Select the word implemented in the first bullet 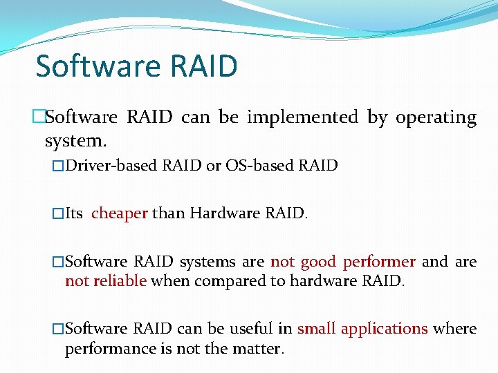pyautogui.click(x=302, y=117)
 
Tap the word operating pyautogui.click(x=436, y=118)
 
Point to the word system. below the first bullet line pyautogui.click(x=75, y=141)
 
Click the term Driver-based pyautogui.click(x=111, y=166)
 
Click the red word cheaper pyautogui.click(x=120, y=213)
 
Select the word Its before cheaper pyautogui.click(x=75, y=213)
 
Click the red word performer pyautogui.click(x=379, y=262)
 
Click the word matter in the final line pyautogui.click(x=261, y=348)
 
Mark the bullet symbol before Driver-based pyautogui.click(x=58, y=166)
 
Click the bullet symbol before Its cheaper pyautogui.click(x=58, y=214)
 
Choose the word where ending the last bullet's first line pyautogui.click(x=454, y=329)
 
